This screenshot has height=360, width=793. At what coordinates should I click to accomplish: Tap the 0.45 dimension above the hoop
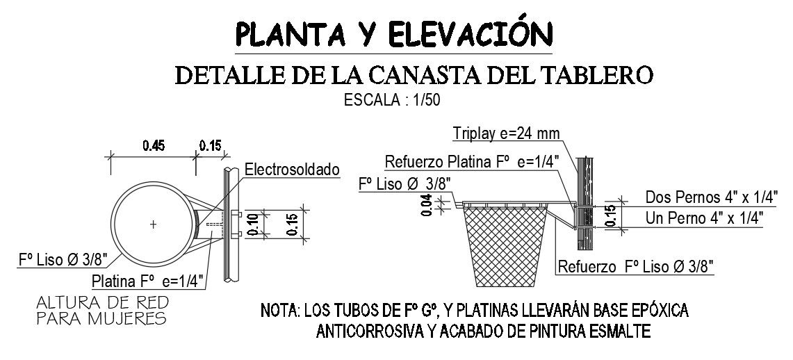tap(154, 146)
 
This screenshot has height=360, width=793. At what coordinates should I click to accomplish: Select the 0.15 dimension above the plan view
tap(209, 146)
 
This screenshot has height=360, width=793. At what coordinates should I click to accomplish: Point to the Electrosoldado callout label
tap(291, 169)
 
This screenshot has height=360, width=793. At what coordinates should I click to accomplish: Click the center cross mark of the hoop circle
tap(153, 224)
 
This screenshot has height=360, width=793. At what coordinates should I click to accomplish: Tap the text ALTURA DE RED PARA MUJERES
tap(101, 310)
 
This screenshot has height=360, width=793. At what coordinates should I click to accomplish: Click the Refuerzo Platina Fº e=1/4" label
tap(462, 162)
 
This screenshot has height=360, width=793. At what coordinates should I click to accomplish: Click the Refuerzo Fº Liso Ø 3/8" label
tap(636, 267)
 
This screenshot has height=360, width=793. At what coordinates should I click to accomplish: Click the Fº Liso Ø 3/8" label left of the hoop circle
tap(63, 261)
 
